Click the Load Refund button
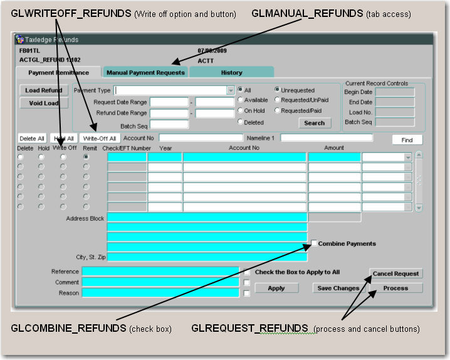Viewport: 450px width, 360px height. (x=43, y=90)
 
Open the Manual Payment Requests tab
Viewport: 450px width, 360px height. (x=145, y=73)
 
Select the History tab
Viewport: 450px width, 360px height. (x=231, y=73)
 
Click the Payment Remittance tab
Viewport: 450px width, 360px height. (x=58, y=73)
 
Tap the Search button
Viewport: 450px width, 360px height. (x=314, y=123)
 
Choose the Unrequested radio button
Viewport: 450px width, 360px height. (x=277, y=90)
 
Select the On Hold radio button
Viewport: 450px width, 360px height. (x=240, y=111)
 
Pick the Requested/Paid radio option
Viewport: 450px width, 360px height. (x=277, y=111)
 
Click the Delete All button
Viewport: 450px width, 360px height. (x=32, y=138)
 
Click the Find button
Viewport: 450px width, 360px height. (x=407, y=140)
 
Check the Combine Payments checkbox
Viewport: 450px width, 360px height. (x=314, y=243)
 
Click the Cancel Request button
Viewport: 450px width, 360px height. (x=395, y=274)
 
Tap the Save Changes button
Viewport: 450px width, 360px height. (x=338, y=289)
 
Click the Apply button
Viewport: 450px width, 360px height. (x=276, y=289)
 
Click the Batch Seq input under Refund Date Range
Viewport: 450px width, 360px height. (x=169, y=125)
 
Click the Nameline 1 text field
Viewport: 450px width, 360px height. (x=327, y=137)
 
